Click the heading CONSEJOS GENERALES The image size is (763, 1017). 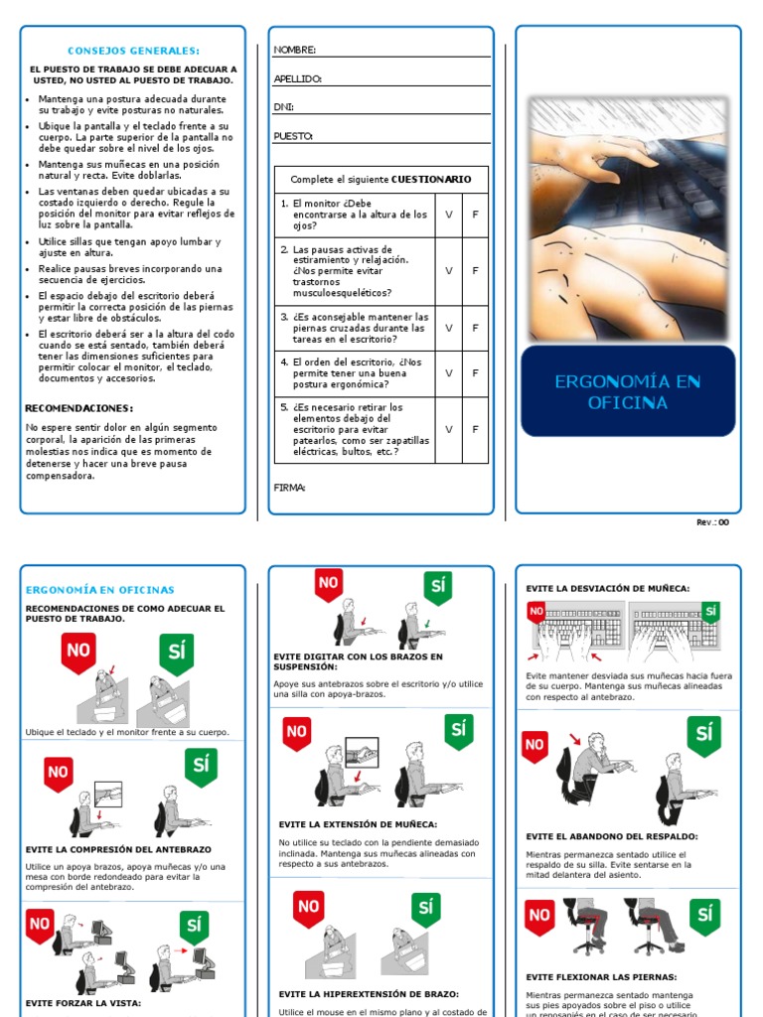[133, 51]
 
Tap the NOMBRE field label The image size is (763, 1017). [294, 50]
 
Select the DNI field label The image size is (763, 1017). [283, 107]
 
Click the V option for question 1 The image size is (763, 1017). [448, 214]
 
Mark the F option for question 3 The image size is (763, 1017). [475, 327]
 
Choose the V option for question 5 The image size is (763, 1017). [448, 429]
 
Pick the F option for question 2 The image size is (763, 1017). [475, 270]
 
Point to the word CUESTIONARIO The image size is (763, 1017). [424, 180]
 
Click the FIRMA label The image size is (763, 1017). [289, 488]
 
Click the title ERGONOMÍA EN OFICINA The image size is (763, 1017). [627, 392]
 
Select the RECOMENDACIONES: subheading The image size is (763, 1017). [78, 408]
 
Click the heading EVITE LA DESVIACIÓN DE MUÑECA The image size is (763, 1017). [607, 589]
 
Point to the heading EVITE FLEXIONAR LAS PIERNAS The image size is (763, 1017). [601, 976]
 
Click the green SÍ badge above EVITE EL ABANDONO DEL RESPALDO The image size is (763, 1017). [704, 736]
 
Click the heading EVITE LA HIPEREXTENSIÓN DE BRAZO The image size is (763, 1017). [369, 993]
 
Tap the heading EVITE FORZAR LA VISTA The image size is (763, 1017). [83, 1003]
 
